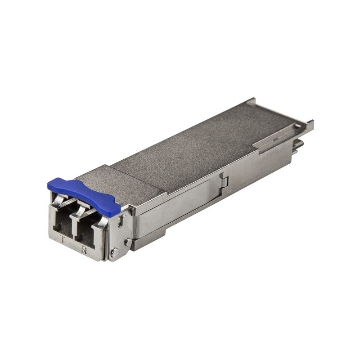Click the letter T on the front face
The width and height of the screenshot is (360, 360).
63,239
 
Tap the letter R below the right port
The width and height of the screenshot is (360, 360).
85,250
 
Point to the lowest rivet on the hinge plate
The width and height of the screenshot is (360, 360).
115,252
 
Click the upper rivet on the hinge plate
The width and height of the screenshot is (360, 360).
128,242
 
